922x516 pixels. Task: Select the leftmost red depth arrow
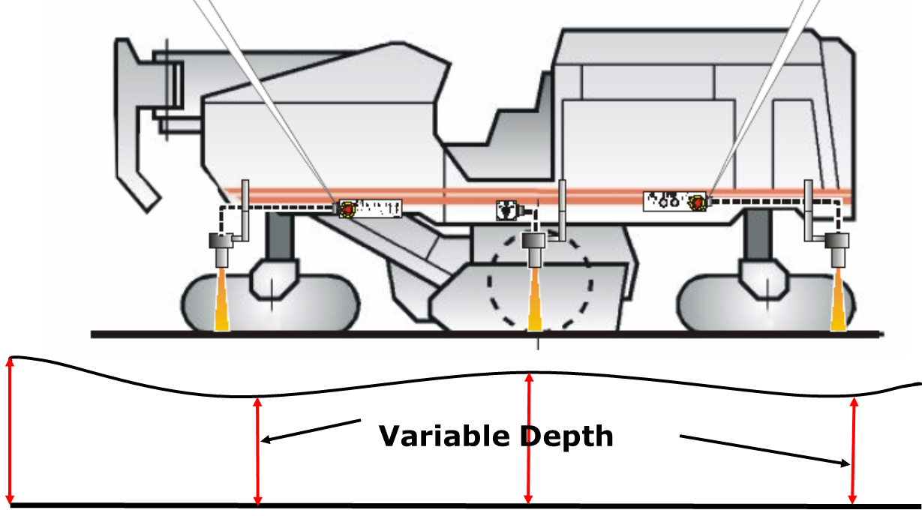coord(11,430)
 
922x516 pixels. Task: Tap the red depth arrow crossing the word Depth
coord(529,439)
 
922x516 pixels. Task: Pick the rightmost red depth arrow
coord(853,451)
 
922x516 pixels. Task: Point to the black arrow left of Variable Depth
coord(311,430)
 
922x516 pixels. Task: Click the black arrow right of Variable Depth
coord(764,451)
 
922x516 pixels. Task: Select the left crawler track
coord(270,303)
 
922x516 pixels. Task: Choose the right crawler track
coord(767,303)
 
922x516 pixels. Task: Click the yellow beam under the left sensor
coord(221,299)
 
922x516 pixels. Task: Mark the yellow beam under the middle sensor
coord(535,299)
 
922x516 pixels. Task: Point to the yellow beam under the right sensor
coord(838,299)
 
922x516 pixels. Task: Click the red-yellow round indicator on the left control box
coord(348,209)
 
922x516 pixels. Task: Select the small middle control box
coord(506,210)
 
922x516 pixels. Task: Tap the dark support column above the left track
coord(280,235)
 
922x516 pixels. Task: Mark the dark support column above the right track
coord(758,235)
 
